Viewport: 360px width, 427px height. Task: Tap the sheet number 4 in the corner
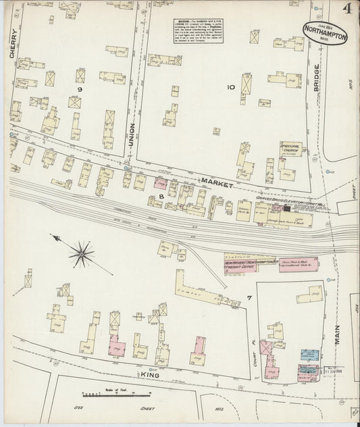347,10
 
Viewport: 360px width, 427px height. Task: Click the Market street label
217,183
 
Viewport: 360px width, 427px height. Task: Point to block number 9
79,89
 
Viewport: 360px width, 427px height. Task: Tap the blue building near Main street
309,354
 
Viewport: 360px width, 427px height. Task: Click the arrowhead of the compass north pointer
53,236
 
